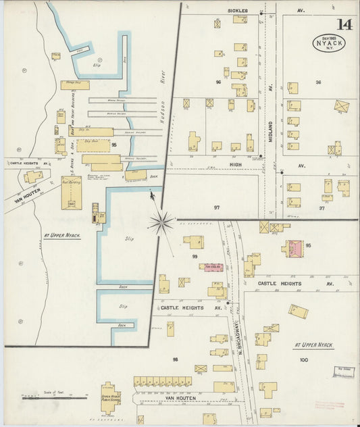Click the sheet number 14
[x=344, y=25]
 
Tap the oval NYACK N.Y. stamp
[x=328, y=43]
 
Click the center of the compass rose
[x=161, y=222]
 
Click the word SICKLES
[x=238, y=11]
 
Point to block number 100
[x=303, y=360]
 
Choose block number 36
[x=317, y=82]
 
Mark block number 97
[x=217, y=207]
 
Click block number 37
[x=322, y=207]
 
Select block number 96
[x=218, y=82]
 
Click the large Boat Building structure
[x=71, y=192]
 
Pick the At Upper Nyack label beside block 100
[x=314, y=345]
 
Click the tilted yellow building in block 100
[x=298, y=311]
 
